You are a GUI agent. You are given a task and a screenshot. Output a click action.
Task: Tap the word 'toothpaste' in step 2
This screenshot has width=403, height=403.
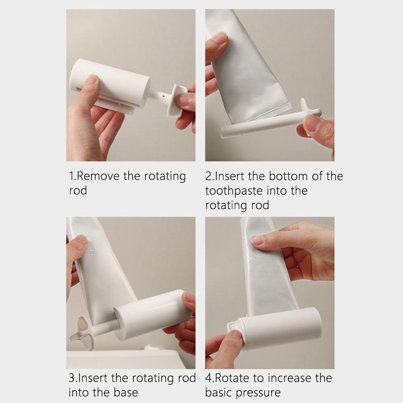[233, 191]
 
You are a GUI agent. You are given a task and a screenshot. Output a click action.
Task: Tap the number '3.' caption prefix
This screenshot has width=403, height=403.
[73, 378]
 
